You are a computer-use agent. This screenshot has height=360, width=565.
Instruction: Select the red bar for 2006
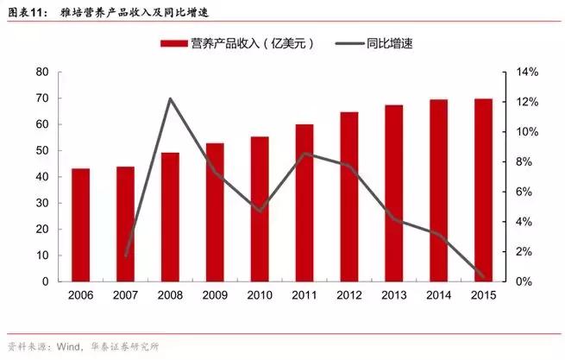point(80,225)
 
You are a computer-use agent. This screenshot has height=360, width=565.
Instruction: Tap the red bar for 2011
point(304,203)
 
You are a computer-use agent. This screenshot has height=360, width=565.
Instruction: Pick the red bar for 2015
point(484,190)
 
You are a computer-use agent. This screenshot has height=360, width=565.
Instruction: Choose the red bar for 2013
point(394,193)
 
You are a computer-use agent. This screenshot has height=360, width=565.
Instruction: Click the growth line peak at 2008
point(170,98)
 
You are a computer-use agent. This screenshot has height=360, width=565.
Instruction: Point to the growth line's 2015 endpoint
point(484,278)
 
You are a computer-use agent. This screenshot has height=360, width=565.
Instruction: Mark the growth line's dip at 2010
point(260,211)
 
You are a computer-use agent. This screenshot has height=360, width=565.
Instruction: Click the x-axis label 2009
point(215,295)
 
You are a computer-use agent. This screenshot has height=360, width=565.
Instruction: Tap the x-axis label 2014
point(439,295)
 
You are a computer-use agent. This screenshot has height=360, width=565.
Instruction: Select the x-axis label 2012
point(349,295)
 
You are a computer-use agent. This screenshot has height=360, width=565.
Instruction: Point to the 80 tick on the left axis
point(41,73)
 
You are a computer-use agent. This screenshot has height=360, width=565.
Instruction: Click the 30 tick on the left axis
point(41,203)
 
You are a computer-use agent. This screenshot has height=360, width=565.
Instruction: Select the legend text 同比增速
point(390,42)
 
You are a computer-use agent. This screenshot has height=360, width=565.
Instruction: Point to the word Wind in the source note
point(71,347)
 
